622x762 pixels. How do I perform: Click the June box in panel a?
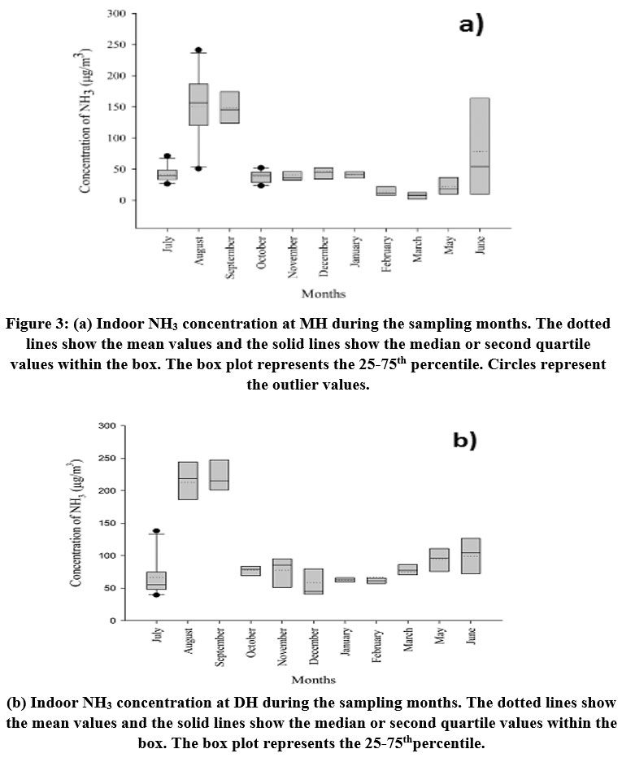480,146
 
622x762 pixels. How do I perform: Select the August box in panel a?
198,104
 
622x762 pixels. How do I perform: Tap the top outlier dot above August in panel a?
198,50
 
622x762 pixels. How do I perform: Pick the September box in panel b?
220,475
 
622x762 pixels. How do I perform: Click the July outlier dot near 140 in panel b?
156,531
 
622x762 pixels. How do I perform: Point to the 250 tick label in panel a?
116,45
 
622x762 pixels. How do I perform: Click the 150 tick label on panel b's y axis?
107,524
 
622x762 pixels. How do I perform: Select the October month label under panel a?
262,253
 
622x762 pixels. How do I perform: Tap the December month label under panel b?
314,647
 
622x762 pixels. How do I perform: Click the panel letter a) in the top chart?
472,24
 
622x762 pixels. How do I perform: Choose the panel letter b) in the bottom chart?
465,440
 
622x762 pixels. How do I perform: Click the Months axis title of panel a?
324,294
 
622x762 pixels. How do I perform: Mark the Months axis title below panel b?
313,680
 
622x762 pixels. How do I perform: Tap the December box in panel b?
313,581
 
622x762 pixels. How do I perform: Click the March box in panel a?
417,195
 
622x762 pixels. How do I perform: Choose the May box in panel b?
439,560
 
